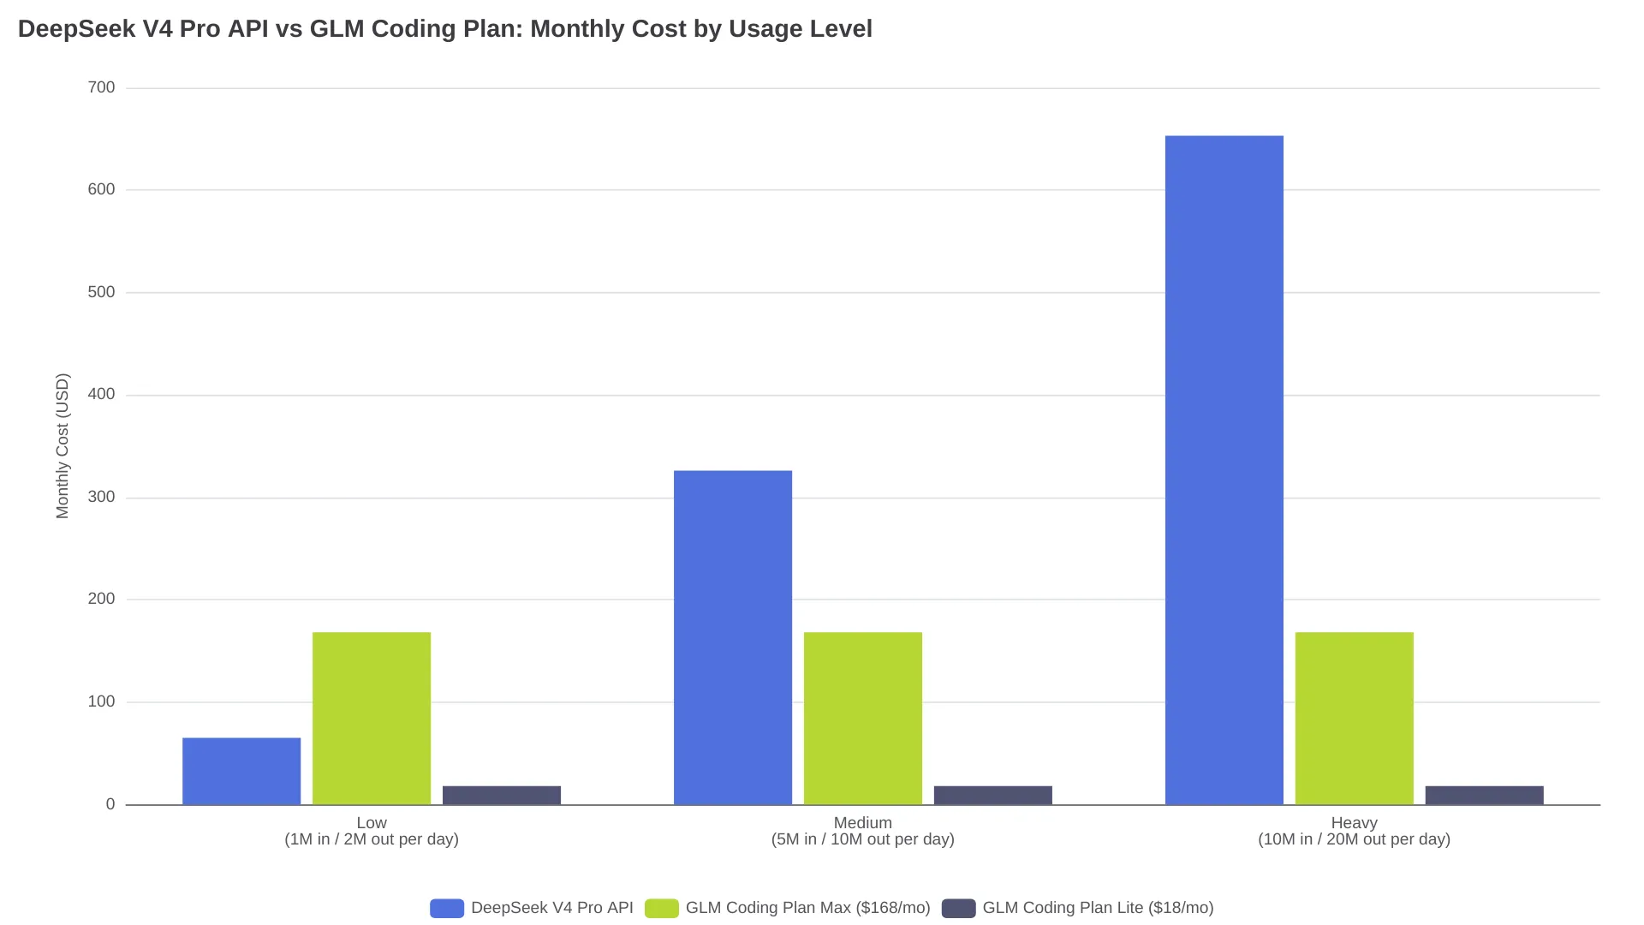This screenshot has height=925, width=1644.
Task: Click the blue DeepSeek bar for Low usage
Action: (241, 771)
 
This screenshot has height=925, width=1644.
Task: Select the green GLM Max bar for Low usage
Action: (372, 719)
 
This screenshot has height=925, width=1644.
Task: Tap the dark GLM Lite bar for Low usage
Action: (502, 796)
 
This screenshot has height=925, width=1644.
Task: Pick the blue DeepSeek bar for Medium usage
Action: (733, 637)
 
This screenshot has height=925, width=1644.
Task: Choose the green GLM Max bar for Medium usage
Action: (863, 719)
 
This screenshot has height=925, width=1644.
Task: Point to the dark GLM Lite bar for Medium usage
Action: (993, 796)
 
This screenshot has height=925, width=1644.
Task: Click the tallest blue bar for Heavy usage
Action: (1224, 470)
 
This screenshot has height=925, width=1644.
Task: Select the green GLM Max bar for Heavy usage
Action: (1355, 719)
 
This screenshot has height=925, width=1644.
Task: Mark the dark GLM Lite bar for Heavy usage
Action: (1485, 796)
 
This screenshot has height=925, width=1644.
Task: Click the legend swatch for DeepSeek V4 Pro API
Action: (447, 908)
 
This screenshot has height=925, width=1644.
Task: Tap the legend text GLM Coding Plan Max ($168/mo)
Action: (807, 908)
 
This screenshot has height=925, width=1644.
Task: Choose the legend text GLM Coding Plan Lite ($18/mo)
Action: (1098, 908)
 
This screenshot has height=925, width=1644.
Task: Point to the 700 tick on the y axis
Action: (101, 87)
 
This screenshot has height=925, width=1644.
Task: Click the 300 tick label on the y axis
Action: (101, 497)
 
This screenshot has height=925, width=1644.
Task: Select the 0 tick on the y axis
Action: (110, 804)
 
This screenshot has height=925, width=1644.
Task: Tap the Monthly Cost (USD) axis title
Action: (63, 445)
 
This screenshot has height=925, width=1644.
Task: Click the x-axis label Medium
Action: (863, 822)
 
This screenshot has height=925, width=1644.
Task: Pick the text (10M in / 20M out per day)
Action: (1355, 839)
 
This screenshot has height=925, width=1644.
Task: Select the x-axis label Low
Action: (372, 822)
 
